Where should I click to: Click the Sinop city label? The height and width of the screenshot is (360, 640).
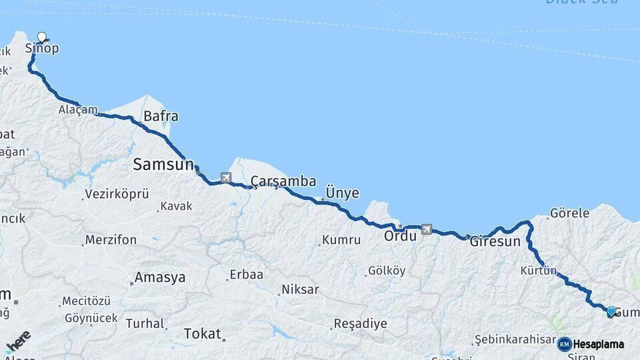coord(42,49)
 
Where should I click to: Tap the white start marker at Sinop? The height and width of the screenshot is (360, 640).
coord(43,37)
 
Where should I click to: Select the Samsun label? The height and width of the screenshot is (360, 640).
coord(163,164)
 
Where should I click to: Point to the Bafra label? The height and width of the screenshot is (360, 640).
coord(161,117)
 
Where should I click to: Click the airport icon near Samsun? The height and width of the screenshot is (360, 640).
coord(225,178)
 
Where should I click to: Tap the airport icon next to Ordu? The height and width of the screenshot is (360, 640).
coord(426,230)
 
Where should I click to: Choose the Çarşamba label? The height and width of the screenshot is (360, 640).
coord(283,181)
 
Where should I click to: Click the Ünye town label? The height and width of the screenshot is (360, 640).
coord(341,193)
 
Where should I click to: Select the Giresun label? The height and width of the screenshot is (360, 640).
coord(495,241)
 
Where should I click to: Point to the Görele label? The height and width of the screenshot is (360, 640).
coord(569,213)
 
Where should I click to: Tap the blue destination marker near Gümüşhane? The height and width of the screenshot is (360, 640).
coord(611,311)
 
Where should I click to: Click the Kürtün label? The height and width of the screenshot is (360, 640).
coord(539,271)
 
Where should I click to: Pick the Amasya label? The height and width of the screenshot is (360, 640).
coord(159,277)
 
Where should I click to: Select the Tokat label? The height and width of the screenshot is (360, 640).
coord(201,333)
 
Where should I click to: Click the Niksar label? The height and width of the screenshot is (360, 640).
coord(300,289)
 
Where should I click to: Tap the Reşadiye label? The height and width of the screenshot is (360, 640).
coord(360,324)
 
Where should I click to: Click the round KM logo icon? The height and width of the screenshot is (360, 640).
coord(564,344)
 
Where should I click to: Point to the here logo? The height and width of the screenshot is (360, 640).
coord(19,341)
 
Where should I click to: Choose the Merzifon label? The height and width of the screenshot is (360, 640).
coord(111,240)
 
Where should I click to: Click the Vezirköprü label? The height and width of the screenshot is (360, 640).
coord(115,195)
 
